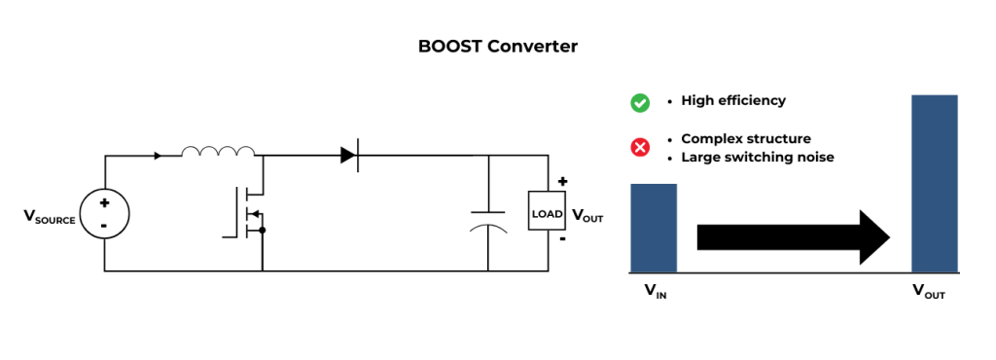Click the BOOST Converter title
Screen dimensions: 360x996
pyautogui.click(x=497, y=46)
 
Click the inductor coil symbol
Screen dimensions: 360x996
pyautogui.click(x=219, y=151)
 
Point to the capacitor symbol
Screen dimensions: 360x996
pyautogui.click(x=487, y=219)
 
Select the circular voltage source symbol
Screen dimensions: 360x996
pyautogui.click(x=104, y=213)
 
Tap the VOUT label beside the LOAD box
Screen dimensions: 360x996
pyautogui.click(x=587, y=216)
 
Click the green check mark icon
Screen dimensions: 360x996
pyautogui.click(x=640, y=102)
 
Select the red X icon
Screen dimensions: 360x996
pyautogui.click(x=640, y=148)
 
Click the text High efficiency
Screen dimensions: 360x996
pyautogui.click(x=732, y=101)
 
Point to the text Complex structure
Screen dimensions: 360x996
pyautogui.click(x=745, y=138)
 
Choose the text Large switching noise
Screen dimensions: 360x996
pyautogui.click(x=757, y=157)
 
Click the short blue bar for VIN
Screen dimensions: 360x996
pyautogui.click(x=654, y=228)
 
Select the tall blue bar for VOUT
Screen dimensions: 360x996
pyautogui.click(x=935, y=183)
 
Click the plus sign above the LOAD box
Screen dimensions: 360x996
pyautogui.click(x=562, y=182)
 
